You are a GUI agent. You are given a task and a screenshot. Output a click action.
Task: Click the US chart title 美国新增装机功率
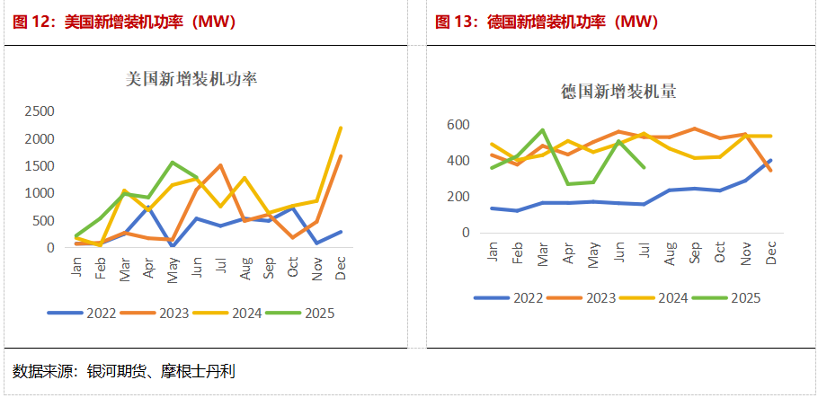coord(191,79)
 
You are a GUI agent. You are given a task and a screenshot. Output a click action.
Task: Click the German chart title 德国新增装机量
coord(618,91)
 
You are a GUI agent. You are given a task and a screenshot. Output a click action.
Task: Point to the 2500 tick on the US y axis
coord(38,111)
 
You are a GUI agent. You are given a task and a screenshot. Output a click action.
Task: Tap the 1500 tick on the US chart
coord(38,166)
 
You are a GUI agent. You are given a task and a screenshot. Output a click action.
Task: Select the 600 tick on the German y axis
coord(459,125)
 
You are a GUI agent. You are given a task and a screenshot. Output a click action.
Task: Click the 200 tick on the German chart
coord(459,197)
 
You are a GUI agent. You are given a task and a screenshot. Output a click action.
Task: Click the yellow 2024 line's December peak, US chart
coord(341,128)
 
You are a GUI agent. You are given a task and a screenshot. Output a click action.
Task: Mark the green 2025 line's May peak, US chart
coord(172,163)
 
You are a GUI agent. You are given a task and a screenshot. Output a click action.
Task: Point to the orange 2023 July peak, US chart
coord(220,165)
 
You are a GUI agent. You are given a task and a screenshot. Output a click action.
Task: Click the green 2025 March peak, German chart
coord(543,130)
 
